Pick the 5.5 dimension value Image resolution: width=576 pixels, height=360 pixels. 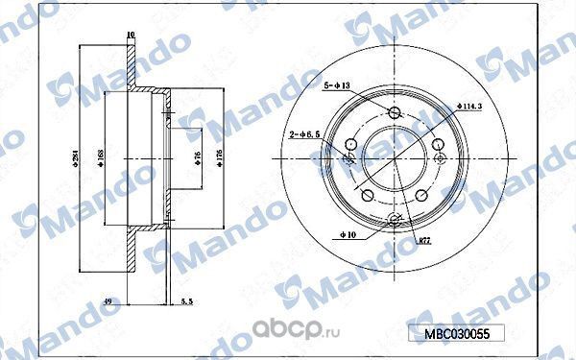click(186, 301)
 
